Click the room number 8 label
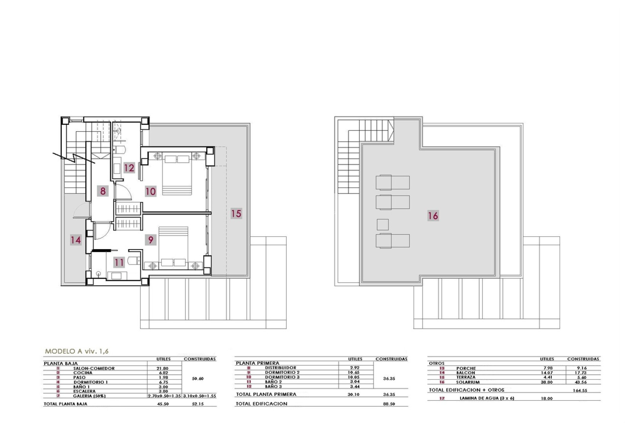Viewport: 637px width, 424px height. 103,191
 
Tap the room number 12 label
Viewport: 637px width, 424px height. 129,168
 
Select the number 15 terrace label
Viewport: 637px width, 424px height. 236,213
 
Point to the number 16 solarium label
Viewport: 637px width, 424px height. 433,216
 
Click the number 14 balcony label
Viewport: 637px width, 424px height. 76,240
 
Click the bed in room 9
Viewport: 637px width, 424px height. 173,245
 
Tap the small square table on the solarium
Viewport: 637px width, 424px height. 383,225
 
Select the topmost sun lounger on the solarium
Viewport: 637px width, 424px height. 392,183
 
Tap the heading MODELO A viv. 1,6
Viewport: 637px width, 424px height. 77,351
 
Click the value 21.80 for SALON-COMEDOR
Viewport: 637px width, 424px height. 162,368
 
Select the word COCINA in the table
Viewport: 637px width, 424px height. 83,373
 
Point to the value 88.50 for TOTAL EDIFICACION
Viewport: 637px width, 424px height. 389,404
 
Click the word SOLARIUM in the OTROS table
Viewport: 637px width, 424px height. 468,382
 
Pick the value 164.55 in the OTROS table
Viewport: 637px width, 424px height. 580,391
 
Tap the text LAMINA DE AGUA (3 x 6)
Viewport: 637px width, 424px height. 487,398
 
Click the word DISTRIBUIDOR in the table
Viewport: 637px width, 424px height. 280,368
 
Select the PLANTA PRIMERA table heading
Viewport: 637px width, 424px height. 257,363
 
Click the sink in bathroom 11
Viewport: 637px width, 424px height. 117,275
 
